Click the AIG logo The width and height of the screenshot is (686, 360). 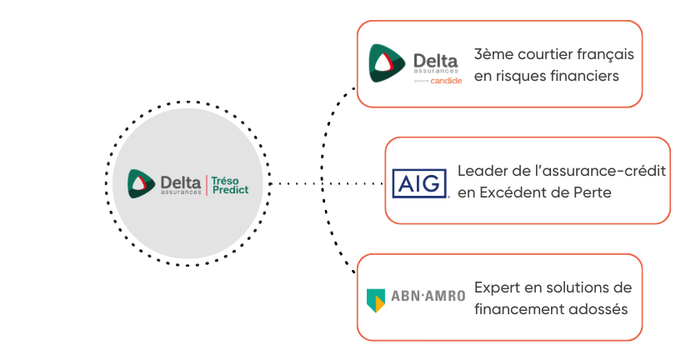tap(420, 182)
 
